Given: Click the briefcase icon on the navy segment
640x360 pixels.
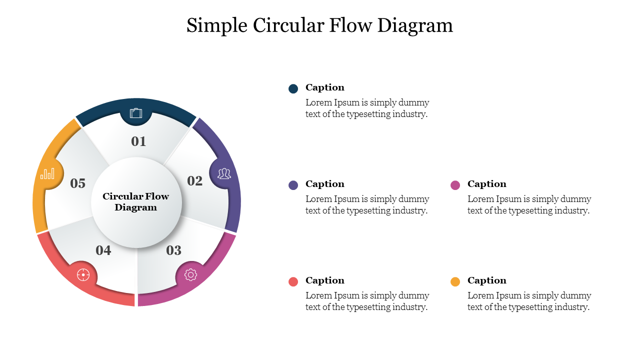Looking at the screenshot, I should [136, 113].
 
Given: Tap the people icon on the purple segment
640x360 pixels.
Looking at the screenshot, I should [224, 173].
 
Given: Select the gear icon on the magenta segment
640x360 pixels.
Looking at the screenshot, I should [190, 274].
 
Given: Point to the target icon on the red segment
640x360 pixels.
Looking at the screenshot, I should [83, 274].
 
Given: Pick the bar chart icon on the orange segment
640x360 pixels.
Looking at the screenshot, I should [47, 173].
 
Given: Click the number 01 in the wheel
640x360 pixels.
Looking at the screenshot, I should [138, 141].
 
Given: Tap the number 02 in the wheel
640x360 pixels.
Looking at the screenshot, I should [195, 181].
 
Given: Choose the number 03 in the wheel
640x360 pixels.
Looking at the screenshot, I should [173, 250].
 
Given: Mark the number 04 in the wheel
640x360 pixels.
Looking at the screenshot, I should [103, 250].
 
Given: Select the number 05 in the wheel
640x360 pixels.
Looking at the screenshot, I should [77, 183].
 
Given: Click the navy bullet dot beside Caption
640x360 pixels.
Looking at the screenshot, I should [293, 88].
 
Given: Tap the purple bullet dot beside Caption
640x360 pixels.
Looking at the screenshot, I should [293, 185].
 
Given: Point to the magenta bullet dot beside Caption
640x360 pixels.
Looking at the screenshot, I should [455, 185].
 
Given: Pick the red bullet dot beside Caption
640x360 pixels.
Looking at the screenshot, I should [293, 281].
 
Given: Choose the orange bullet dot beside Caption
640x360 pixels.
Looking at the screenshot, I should [455, 281].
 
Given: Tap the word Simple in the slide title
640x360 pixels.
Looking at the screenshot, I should [217, 25].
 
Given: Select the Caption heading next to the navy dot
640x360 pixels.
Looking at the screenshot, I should [325, 87].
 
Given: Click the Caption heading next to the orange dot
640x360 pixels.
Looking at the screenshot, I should [487, 280].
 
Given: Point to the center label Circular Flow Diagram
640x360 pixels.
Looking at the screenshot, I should [136, 202].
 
